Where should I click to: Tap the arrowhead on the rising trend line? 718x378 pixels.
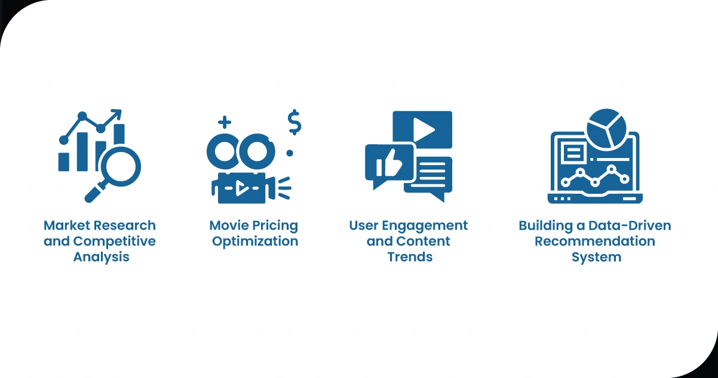pos(117,113)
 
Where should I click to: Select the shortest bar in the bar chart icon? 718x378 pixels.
pos(64,162)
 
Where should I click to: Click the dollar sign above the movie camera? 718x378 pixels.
pos(294,122)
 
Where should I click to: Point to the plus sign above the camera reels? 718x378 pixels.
pos(225,122)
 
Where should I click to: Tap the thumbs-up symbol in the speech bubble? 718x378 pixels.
pos(389,163)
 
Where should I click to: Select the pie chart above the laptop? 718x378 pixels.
pos(606,129)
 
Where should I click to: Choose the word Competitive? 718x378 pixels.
pos(115,241)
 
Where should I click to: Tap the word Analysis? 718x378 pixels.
pos(102,257)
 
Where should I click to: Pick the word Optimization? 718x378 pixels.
pos(255,241)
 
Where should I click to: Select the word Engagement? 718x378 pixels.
pos(425,226)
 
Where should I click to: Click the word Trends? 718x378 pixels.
pos(410,257)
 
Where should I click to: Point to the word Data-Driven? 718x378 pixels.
pos(630,225)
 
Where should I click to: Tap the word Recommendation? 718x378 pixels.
pos(595,241)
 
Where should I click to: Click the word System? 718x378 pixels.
pos(597,258)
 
